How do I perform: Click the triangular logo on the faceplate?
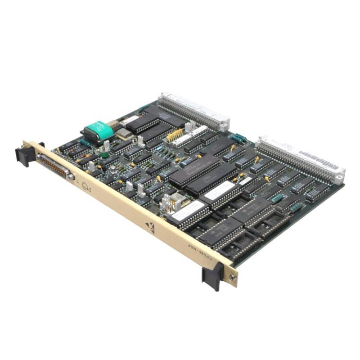pos(150,228)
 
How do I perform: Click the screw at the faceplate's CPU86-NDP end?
pos(233,278)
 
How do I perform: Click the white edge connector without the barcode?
pos(193,110)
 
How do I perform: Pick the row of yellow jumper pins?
pos(174,135)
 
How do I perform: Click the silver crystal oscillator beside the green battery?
pos(122,134)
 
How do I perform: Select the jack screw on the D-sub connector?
pos(70,177)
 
